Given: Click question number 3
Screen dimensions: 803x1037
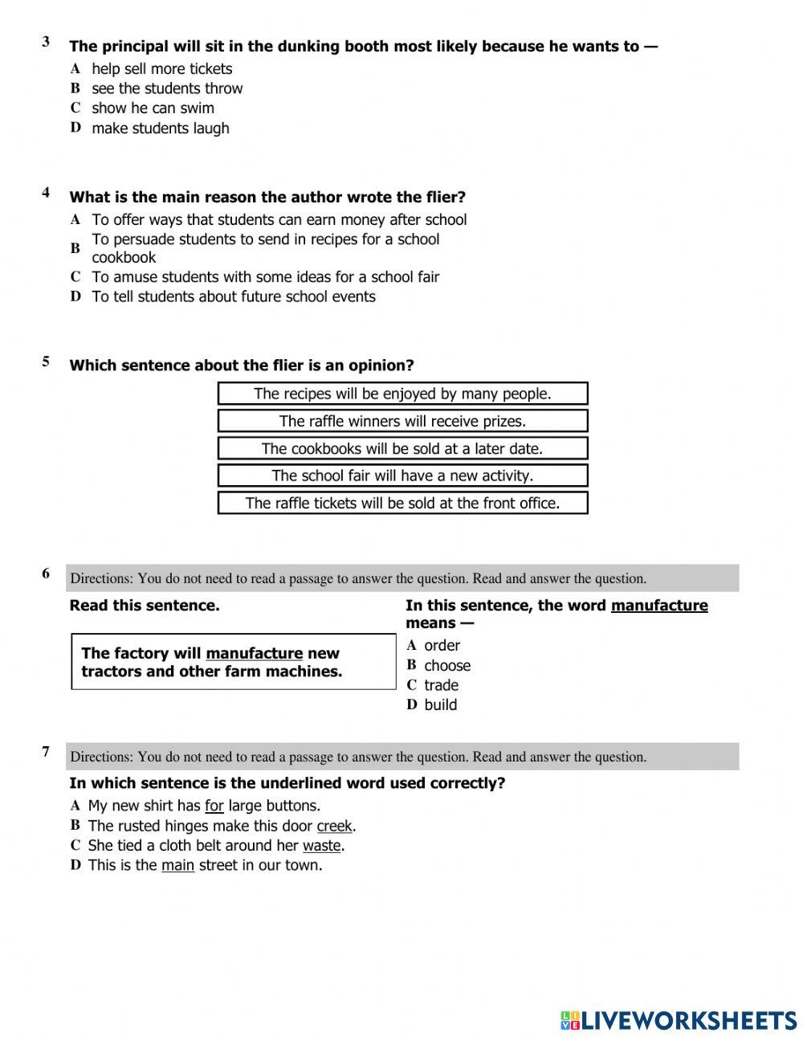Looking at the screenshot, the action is coord(47,42).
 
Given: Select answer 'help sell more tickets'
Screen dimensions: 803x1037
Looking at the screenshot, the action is coord(161,69).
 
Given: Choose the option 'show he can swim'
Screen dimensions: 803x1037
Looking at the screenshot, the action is coord(153,108).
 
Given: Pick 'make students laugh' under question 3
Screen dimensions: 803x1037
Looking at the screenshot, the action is coord(160,128).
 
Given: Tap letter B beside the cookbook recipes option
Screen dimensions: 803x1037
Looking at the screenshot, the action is coord(75,248).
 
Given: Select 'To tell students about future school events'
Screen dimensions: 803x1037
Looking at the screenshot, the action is coord(233,296).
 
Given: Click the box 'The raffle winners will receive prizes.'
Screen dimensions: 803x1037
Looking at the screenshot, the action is coord(402,421).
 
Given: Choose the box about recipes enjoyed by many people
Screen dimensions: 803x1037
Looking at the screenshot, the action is coord(402,394).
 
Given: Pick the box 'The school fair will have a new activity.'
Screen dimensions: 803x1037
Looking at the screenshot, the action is coord(402,476).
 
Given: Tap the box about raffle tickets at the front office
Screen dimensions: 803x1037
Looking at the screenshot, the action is coord(402,503).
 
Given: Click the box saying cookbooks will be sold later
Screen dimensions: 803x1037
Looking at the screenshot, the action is coord(402,448).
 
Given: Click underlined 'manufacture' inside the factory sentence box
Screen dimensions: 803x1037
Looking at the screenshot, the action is coord(254,654).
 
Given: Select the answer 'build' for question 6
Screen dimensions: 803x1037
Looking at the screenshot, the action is coord(440,704).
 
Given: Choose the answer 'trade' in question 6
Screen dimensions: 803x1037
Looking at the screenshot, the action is coord(441,685).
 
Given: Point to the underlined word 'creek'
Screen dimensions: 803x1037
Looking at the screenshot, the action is coord(334,826).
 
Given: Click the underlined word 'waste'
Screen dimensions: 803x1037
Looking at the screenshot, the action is coord(322,846).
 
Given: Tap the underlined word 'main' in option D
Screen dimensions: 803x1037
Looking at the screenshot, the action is coord(177,865).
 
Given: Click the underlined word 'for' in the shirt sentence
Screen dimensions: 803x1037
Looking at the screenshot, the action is coord(214,806).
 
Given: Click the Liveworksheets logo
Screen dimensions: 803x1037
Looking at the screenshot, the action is coord(678,1020).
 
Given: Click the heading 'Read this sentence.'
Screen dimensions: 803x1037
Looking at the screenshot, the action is coord(145,606).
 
